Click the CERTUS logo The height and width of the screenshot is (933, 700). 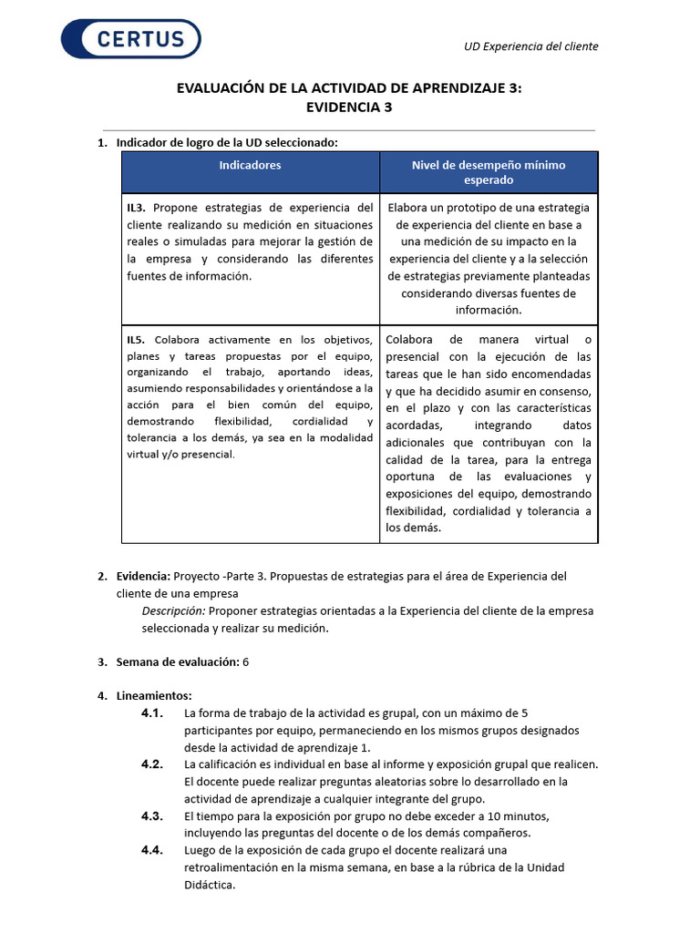coord(130,39)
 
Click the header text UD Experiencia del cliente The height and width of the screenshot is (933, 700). coord(530,46)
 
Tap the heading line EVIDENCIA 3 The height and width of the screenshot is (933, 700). coord(349,107)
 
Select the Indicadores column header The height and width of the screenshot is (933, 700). coord(250,165)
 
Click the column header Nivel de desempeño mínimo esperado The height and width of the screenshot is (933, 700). coord(489,172)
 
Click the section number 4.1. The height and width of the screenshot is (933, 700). coord(152,713)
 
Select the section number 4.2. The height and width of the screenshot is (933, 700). coord(152,764)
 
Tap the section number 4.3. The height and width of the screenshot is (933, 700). coord(152,815)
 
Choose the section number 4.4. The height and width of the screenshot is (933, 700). coord(152,850)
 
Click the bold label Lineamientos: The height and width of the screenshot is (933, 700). coord(154,696)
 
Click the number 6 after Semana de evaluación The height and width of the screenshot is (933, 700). coord(246,661)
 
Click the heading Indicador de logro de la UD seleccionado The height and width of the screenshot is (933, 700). coord(227,142)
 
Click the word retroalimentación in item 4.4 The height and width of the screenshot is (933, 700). coord(229,867)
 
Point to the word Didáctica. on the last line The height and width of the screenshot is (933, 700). coord(210,885)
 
